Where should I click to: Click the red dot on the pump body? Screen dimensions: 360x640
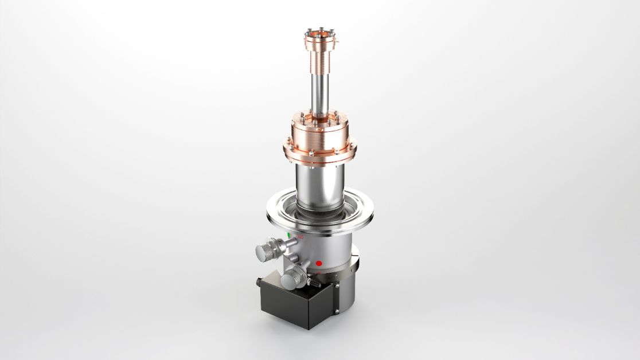319,263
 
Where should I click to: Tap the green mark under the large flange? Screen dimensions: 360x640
288,236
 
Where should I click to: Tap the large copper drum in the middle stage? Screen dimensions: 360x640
319,135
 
